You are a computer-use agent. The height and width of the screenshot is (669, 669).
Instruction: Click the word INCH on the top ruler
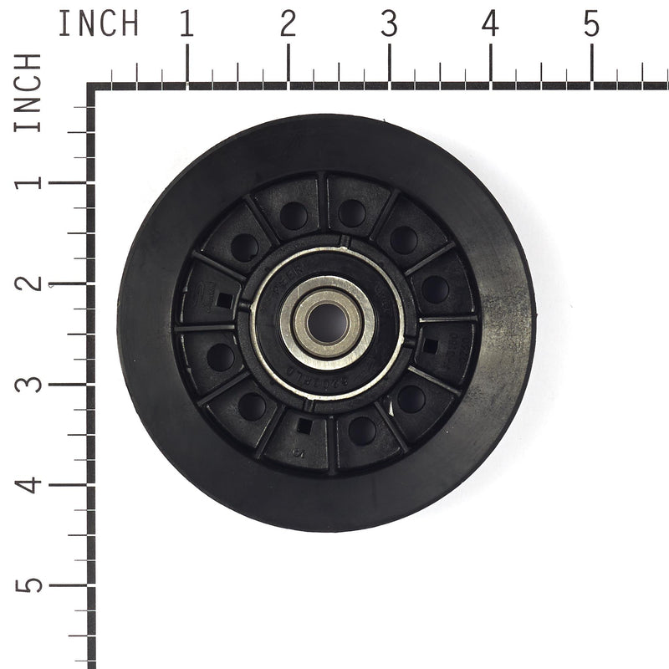(98, 25)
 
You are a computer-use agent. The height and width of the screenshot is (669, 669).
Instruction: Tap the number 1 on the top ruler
(186, 25)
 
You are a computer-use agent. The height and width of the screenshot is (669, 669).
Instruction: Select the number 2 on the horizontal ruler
(288, 25)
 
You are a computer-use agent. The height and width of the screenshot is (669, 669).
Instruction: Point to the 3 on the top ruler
(389, 25)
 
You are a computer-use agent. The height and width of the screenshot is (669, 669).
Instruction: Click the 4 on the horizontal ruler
(490, 25)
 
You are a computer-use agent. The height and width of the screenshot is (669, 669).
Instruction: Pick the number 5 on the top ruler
(591, 25)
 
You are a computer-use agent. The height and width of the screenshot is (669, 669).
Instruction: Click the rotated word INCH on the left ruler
(28, 93)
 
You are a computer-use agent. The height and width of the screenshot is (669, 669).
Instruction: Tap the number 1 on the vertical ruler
(28, 181)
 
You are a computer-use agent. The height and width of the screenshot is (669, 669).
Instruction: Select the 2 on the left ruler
(28, 283)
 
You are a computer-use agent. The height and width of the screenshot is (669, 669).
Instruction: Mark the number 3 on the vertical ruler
(28, 384)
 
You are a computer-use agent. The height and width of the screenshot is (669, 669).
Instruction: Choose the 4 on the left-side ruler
(28, 485)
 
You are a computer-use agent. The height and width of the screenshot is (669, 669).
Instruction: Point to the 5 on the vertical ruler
(28, 585)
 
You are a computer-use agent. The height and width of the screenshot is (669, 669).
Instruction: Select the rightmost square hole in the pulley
(430, 344)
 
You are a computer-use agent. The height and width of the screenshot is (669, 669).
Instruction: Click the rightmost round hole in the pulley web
(435, 289)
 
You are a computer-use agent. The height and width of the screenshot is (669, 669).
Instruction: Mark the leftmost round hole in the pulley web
(220, 357)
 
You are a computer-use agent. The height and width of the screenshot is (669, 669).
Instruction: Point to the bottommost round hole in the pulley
(362, 431)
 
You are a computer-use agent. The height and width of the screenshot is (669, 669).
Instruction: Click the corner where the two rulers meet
(92, 86)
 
